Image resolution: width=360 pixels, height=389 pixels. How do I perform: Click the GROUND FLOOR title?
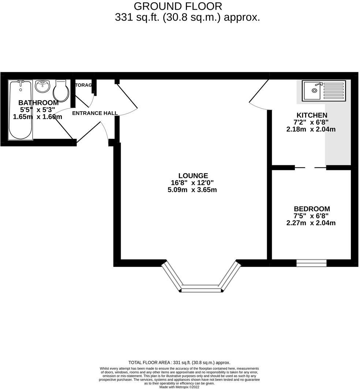pos(177,6)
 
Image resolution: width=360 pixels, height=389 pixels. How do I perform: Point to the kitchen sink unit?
pos(323,91)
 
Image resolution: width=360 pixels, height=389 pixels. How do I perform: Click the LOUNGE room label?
pos(193,176)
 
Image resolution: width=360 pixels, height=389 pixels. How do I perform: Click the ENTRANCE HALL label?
pos(95,113)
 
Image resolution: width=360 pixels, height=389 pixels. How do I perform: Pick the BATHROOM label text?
pos(38,103)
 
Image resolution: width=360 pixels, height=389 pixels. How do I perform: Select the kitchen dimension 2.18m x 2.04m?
pos(311,129)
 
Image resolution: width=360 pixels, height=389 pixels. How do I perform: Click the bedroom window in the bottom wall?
pos(311,263)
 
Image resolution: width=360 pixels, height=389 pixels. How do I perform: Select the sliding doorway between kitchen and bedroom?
pos(310,168)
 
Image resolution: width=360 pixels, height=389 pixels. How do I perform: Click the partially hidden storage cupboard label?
pos(83,85)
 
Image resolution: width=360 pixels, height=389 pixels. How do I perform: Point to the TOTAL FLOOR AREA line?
pos(179,362)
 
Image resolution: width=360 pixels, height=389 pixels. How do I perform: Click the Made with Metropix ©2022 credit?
pos(179,387)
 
